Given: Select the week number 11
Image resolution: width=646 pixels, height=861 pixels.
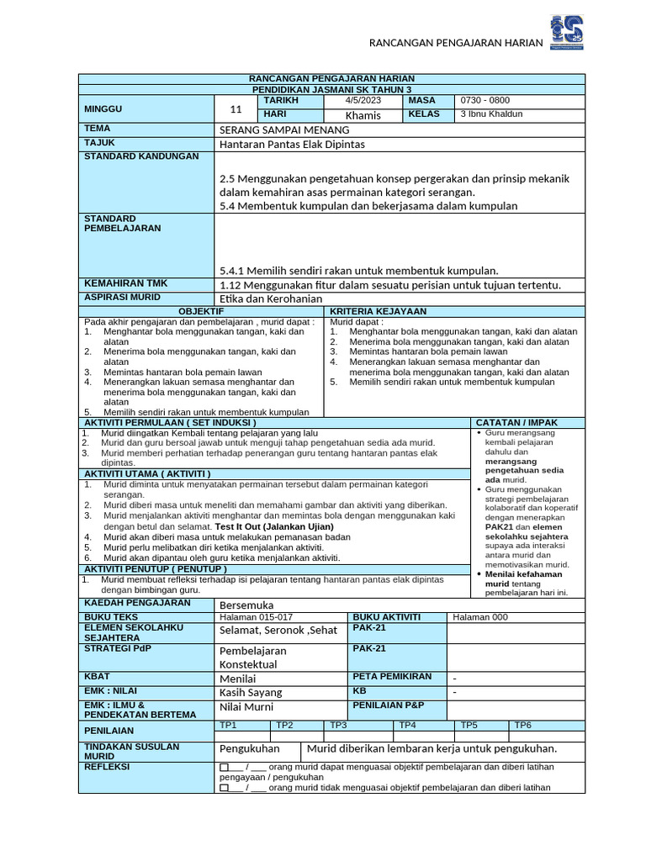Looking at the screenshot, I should (236, 108).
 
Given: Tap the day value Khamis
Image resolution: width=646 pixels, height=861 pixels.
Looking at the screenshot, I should (363, 115).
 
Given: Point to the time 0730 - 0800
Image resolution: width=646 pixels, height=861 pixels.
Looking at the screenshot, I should (484, 100).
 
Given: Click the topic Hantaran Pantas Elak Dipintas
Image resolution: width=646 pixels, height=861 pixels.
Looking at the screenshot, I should (292, 145).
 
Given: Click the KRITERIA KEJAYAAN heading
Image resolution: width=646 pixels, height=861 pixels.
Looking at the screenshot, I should (379, 312).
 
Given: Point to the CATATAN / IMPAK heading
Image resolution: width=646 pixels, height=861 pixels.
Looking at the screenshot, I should (516, 422).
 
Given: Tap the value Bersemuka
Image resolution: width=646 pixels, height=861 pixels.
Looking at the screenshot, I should (246, 605).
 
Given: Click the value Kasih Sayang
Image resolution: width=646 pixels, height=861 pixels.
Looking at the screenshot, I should (251, 692).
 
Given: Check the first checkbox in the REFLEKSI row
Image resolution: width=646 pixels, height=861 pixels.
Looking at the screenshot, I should (224, 768).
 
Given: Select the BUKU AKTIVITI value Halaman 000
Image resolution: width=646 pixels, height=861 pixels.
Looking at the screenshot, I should (480, 617).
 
